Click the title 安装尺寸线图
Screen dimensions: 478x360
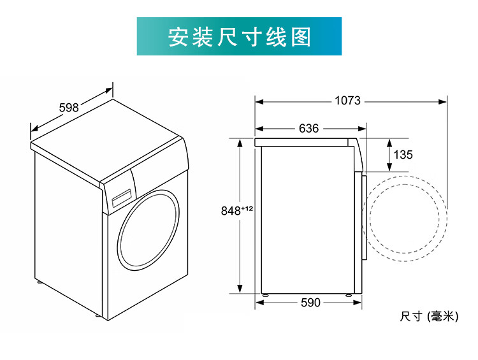(x=239, y=37)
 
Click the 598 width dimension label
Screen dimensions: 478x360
(x=69, y=108)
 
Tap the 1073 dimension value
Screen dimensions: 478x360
(x=347, y=101)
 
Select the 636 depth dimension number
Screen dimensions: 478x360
(x=308, y=128)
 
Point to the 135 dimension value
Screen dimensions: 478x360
(x=403, y=155)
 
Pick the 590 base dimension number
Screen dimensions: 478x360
(x=310, y=303)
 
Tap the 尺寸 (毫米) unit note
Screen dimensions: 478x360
(x=429, y=317)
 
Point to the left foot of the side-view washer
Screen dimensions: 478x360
(x=264, y=294)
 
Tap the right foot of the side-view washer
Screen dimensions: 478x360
(x=348, y=294)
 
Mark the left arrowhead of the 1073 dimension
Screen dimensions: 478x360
(x=259, y=101)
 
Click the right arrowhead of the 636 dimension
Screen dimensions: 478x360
(x=363, y=128)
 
